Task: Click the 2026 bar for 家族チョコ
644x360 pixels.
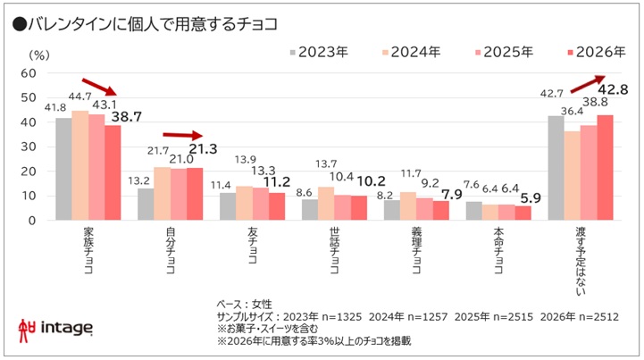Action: click(113, 172)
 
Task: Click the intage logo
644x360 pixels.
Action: click(54, 329)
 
